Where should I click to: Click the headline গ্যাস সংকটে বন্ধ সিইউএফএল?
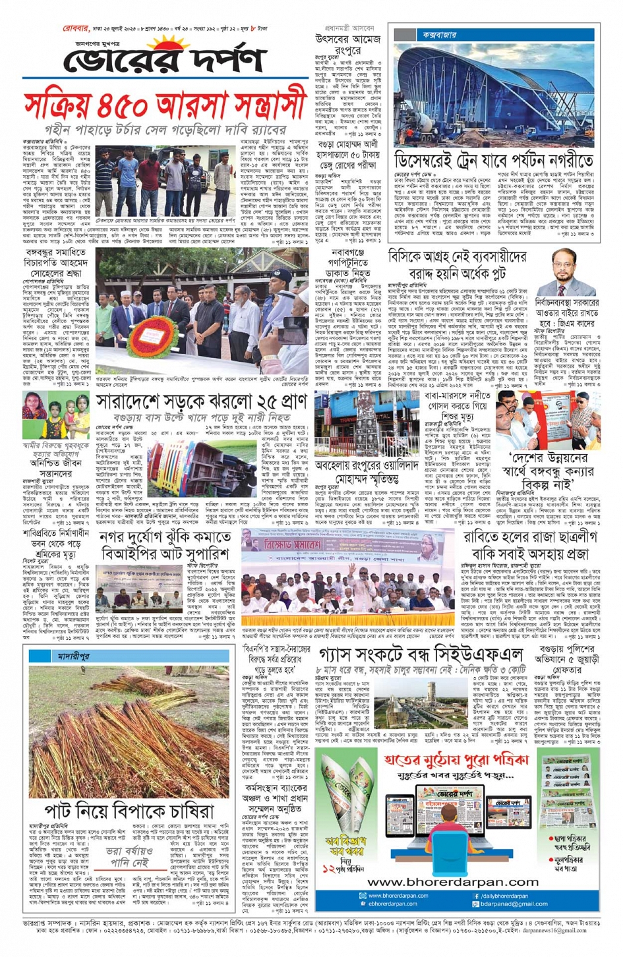[420, 655]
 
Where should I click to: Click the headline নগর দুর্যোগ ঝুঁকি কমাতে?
[165, 537]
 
